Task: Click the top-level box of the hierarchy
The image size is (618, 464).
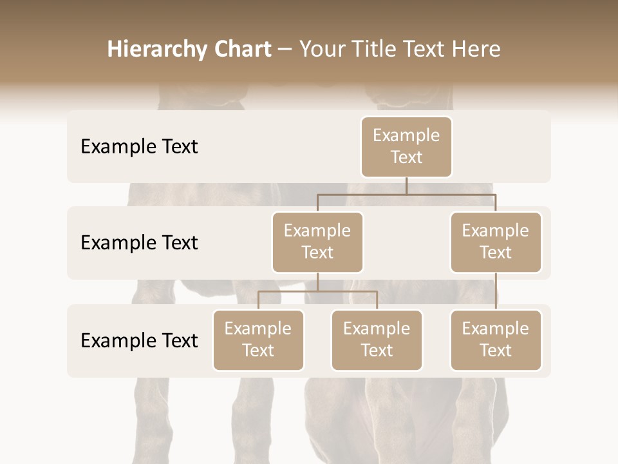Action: [406, 146]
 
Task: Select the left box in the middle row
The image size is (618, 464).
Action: [317, 242]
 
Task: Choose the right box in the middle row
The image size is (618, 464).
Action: [496, 242]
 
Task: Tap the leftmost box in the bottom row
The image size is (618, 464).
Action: [258, 340]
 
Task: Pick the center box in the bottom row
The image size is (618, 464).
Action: [377, 340]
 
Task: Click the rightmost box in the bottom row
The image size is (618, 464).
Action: [496, 340]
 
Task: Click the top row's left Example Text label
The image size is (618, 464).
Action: [139, 147]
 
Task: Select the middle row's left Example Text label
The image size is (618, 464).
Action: [139, 243]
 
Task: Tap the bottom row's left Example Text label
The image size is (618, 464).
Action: [139, 341]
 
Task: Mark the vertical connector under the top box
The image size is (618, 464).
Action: [406, 186]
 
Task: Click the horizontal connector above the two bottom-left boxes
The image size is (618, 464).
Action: [317, 291]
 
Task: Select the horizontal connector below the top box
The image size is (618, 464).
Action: [451, 194]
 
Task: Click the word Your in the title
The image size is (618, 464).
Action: [319, 50]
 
